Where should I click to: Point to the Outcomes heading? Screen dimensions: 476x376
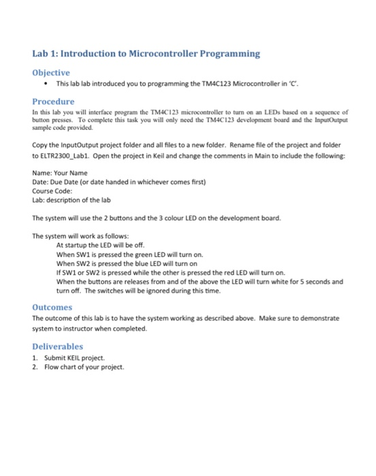click(x=52, y=307)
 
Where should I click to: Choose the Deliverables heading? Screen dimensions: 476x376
click(x=58, y=346)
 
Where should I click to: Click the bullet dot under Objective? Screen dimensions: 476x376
click(x=45, y=84)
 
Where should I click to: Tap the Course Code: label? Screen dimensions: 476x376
click(x=54, y=191)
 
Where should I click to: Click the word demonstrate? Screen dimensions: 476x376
click(x=317, y=318)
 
